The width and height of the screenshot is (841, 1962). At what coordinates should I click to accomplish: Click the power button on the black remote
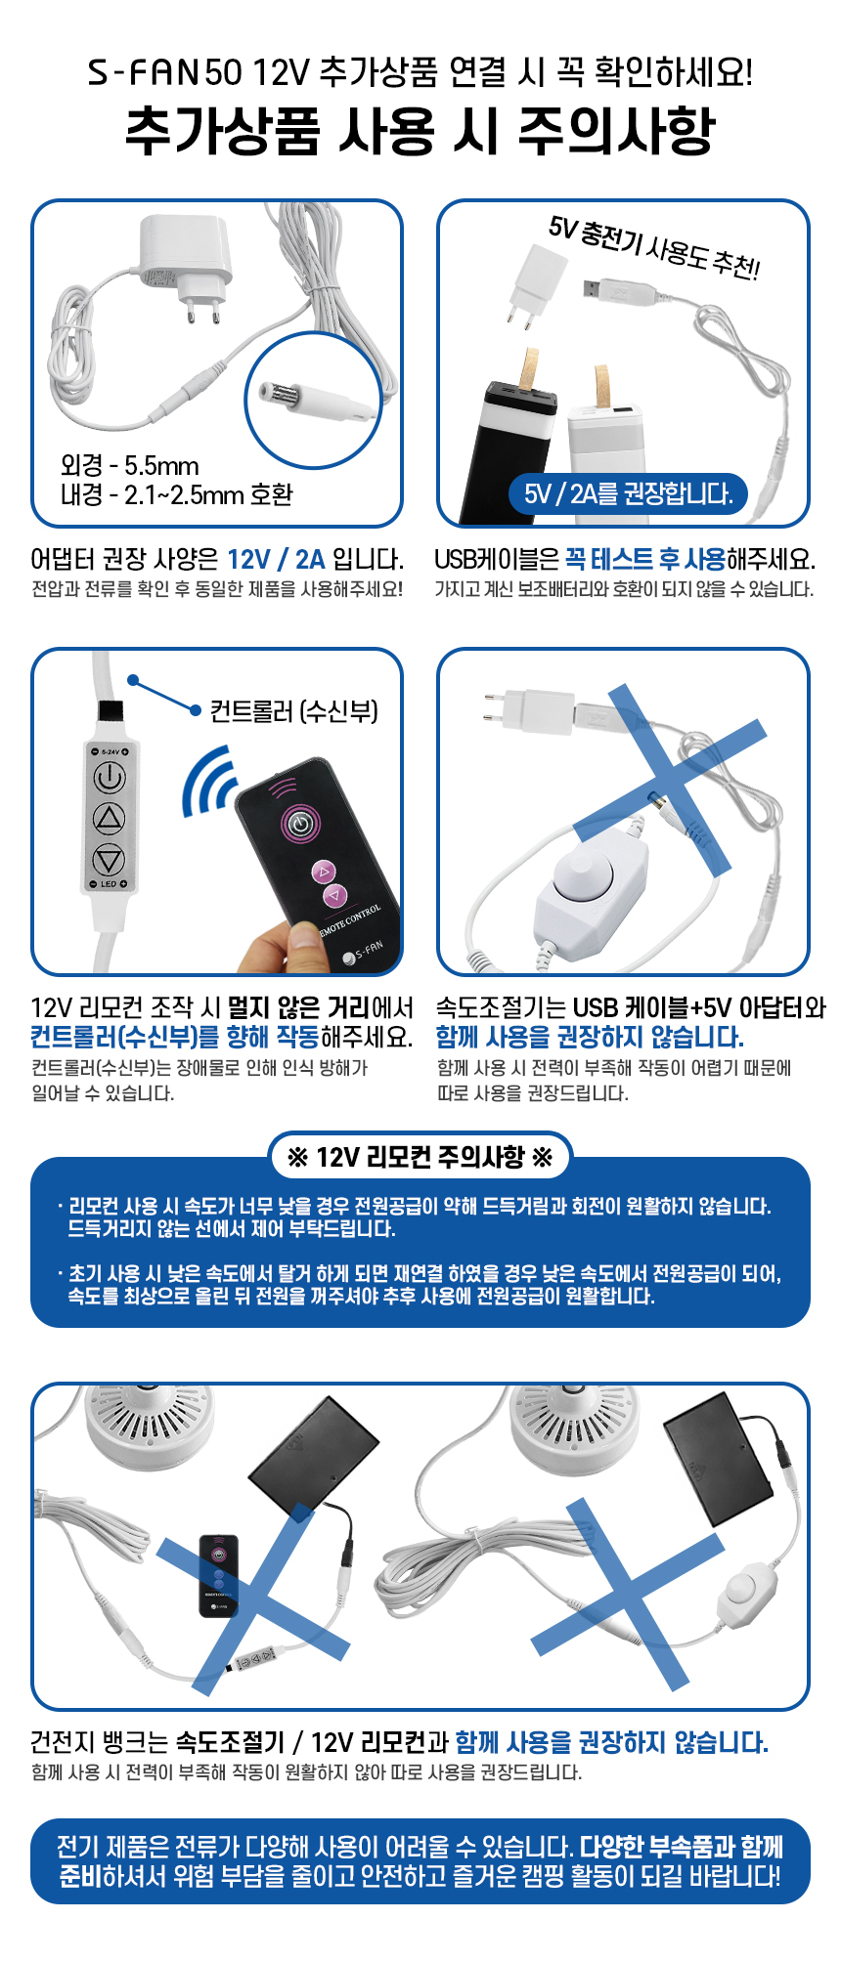(301, 823)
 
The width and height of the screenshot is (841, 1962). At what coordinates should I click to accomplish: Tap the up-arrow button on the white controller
(109, 819)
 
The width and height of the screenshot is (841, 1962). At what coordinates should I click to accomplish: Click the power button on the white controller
(109, 778)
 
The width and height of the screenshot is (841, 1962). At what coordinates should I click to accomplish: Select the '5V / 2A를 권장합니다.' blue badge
(628, 493)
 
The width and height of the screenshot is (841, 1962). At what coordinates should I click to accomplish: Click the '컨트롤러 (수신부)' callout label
(293, 710)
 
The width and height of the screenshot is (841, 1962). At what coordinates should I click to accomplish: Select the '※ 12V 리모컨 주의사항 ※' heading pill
(420, 1158)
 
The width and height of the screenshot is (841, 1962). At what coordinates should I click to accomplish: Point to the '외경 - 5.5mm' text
(130, 466)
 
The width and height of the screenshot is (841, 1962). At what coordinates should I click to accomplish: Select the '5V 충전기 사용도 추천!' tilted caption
(653, 247)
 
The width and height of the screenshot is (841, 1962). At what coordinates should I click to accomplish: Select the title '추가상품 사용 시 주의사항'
(420, 131)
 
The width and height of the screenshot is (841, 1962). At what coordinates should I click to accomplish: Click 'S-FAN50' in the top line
(164, 71)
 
